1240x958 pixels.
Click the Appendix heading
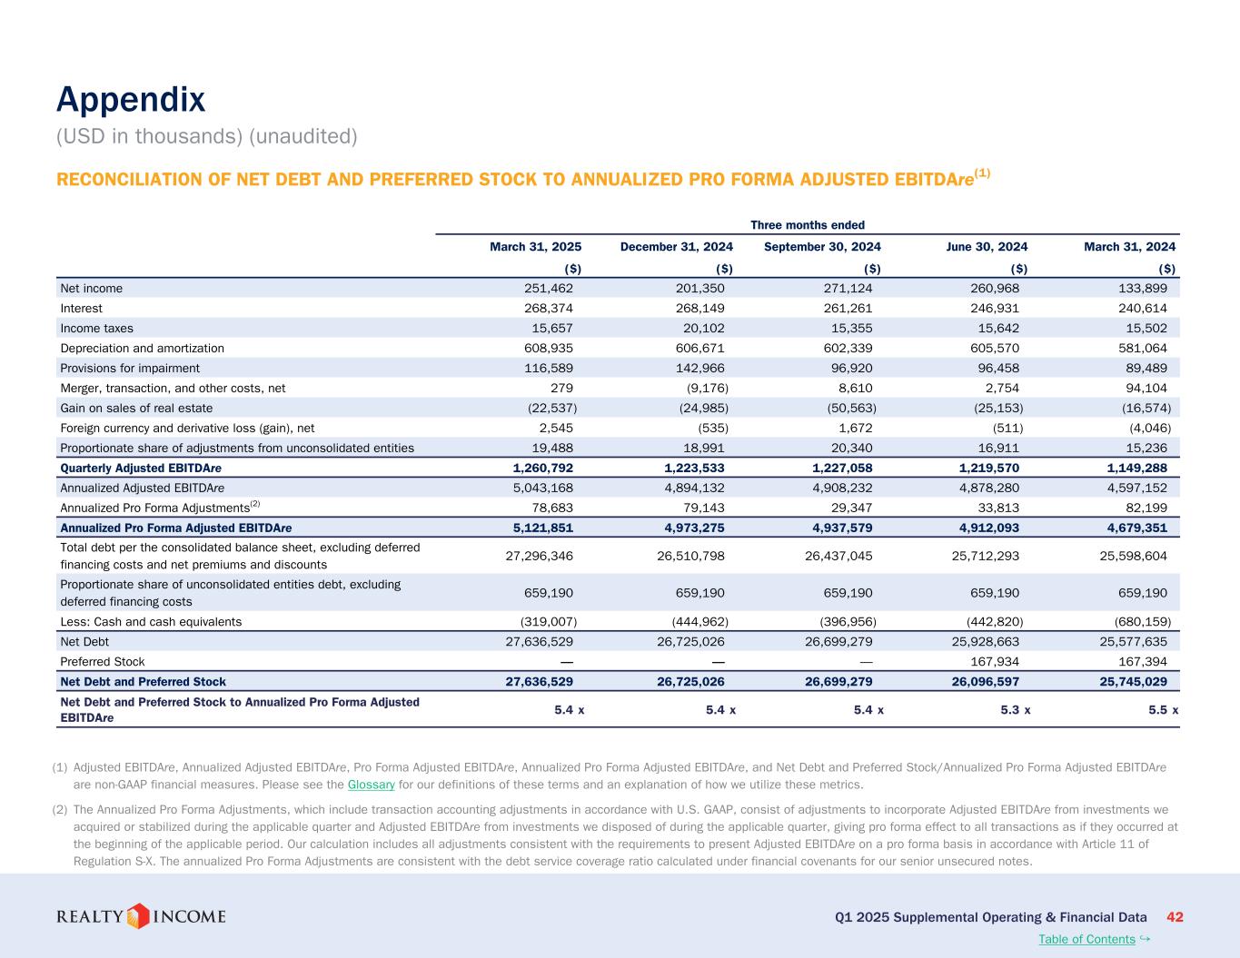131,100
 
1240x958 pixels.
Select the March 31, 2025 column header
535,247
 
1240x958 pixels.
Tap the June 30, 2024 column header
987,247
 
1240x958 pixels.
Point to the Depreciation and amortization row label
142,349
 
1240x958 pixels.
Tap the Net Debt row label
84,642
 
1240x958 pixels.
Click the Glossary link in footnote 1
371,785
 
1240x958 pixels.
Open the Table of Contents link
1086,939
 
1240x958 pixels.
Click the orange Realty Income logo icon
137,916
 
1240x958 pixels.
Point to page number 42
1174,917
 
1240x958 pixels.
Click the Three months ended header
807,225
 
